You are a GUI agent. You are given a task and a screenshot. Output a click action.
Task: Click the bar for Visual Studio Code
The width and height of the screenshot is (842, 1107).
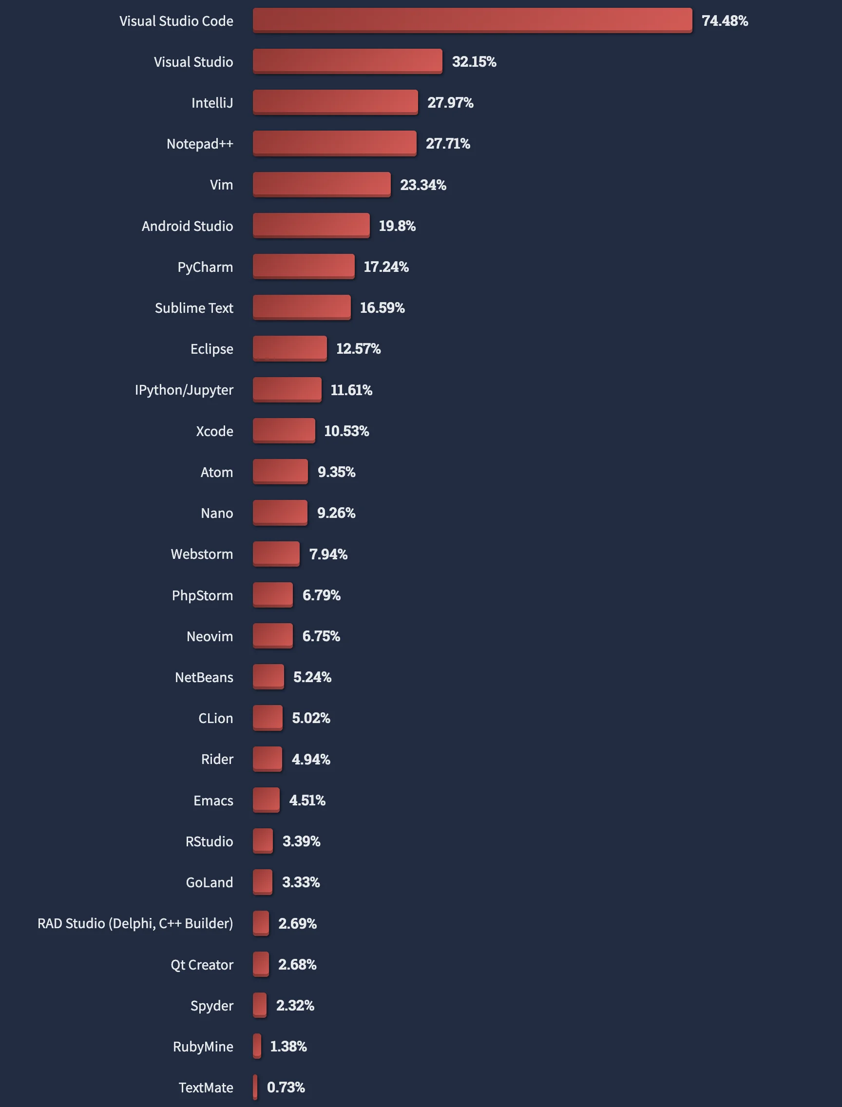click(472, 20)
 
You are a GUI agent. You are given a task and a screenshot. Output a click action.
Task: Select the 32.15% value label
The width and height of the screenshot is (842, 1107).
click(474, 62)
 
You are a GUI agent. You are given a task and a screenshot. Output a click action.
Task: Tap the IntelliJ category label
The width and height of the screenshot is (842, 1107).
click(212, 103)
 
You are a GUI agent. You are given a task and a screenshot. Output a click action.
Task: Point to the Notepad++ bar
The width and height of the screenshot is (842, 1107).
click(334, 143)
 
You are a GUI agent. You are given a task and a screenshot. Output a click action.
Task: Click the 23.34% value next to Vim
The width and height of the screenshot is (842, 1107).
click(422, 185)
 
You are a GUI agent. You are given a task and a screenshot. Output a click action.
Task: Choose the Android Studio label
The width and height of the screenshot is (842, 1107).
click(187, 226)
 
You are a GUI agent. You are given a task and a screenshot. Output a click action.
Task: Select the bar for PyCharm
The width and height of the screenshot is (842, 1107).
click(303, 266)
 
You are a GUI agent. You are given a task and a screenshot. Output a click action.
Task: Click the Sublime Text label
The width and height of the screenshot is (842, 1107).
click(193, 308)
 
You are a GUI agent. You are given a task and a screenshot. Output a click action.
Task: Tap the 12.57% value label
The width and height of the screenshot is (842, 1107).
click(358, 349)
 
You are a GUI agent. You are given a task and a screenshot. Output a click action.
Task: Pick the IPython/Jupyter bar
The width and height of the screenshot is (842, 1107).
click(287, 389)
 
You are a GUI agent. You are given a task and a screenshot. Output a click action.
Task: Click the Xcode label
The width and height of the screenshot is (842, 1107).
click(214, 431)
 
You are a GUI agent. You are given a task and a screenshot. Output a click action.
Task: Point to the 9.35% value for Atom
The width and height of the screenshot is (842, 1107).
click(336, 472)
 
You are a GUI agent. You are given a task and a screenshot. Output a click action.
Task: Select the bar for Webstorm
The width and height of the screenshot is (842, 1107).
click(276, 554)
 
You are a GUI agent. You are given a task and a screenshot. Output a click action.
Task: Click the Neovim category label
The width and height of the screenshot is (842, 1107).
click(210, 636)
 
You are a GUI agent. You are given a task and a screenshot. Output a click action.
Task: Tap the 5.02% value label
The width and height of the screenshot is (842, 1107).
click(311, 718)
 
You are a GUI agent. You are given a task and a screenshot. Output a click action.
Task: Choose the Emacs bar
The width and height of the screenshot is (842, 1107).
click(266, 800)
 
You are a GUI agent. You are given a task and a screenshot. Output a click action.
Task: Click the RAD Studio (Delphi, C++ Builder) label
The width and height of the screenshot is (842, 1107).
click(135, 923)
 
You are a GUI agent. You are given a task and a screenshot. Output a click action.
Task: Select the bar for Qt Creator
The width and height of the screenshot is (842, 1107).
click(261, 964)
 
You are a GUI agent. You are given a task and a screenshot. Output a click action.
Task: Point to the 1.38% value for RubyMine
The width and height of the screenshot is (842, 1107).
click(288, 1047)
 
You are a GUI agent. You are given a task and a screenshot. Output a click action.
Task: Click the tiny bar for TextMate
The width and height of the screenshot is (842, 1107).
click(255, 1087)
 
